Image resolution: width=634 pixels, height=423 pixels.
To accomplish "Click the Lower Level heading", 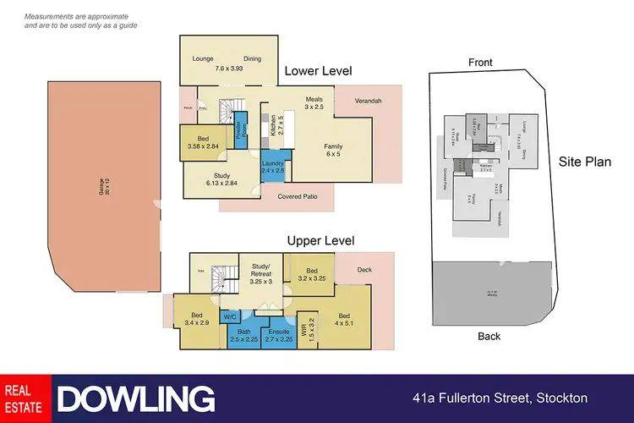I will coord(317,71).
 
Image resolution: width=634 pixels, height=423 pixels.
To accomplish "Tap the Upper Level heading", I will coord(320,241).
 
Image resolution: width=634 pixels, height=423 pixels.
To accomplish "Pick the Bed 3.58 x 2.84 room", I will coord(203,141).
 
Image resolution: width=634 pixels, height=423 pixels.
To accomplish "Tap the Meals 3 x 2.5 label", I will coord(314,103).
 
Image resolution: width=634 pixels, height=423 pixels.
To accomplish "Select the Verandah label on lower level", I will coord(368,102).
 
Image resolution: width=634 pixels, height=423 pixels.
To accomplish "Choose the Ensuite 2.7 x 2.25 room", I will coord(278,336).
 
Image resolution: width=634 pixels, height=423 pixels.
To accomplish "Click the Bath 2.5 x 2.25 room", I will coord(244,336).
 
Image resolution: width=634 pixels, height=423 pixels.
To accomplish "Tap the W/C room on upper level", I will coord(229,316).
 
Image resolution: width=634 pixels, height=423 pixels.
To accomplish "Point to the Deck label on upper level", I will coord(364,271).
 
